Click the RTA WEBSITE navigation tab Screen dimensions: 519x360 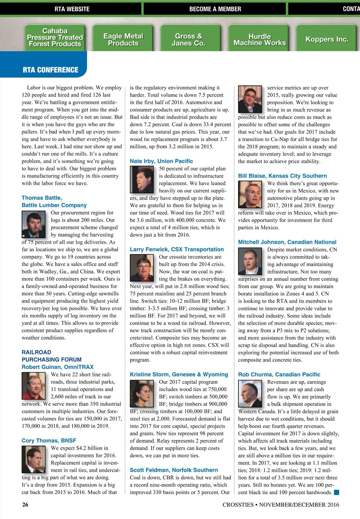tap(72, 9)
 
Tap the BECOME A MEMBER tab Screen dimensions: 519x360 tap(215, 9)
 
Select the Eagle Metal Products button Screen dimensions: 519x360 tap(123, 39)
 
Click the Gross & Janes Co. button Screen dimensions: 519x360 tap(188, 39)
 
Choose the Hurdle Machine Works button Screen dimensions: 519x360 tap(259, 39)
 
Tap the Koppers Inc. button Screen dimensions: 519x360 tap(327, 39)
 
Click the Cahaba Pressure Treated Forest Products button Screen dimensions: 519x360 tap(55, 38)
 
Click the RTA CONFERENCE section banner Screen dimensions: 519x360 tap(50, 70)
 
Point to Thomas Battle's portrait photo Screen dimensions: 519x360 tap(33, 224)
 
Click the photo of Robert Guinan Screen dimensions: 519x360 tap(33, 386)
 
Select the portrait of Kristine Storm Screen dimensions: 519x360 tap(142, 393)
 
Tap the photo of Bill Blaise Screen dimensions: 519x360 tap(250, 194)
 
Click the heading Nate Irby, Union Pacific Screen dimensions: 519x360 tap(161, 161)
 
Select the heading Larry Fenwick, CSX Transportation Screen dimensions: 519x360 tap(177, 249)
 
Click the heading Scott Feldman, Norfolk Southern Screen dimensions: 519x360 tap(174, 470)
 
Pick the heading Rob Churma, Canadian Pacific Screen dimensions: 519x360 tap(279, 375)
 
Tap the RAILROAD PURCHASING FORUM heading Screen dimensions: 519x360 tap(52, 356)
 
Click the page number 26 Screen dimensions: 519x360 tap(25, 505)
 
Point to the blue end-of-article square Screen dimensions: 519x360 tap(336, 492)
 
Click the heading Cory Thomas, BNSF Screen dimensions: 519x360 tap(49, 441)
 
